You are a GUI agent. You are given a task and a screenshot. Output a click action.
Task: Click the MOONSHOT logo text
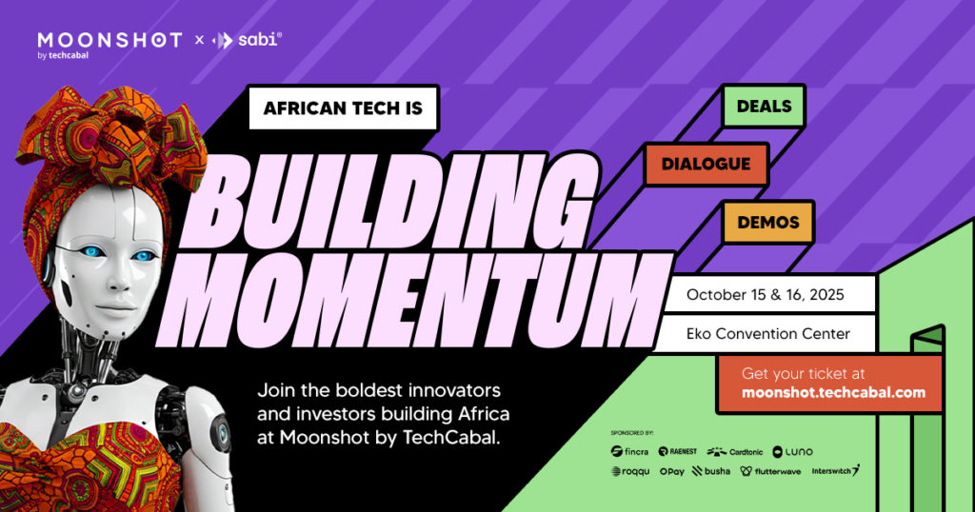click(x=109, y=40)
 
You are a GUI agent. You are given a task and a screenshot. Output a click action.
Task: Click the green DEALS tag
click(x=764, y=106)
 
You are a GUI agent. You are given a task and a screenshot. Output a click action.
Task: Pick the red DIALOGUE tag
click(x=706, y=164)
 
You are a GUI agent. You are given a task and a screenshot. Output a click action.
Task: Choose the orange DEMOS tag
click(x=767, y=222)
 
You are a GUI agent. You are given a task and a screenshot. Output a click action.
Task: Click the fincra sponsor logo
click(x=629, y=451)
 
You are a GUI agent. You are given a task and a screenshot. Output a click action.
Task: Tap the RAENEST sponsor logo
click(x=677, y=451)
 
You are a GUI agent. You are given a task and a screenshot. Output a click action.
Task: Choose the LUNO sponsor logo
click(x=792, y=451)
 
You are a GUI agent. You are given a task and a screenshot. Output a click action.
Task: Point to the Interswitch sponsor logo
click(x=835, y=471)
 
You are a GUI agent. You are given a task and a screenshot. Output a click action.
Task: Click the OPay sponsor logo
click(x=671, y=471)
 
